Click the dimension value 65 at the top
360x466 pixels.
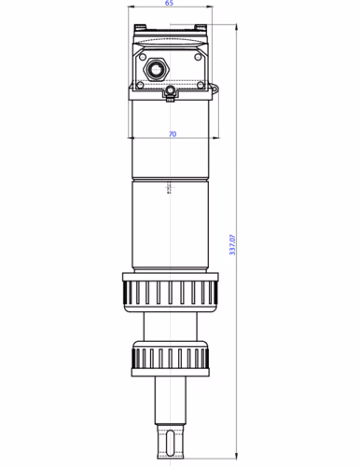[169, 4]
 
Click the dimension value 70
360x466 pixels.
[172, 134]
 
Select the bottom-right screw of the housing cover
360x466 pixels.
[200, 84]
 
